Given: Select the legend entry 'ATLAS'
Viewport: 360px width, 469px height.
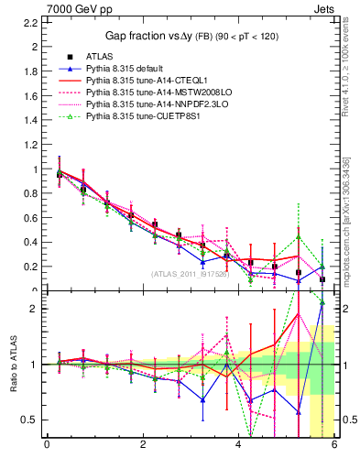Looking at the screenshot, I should tap(98, 57).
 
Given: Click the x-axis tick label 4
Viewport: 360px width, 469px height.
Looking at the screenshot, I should tap(239, 444).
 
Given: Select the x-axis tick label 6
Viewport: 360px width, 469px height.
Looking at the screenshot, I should tap(334, 444).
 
